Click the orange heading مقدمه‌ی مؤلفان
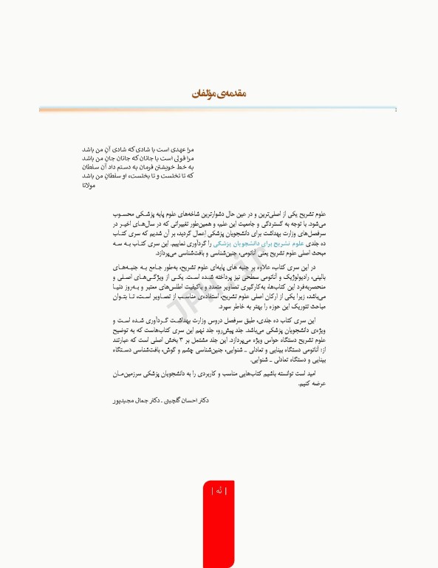point(218,94)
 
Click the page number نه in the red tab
point(219,490)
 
